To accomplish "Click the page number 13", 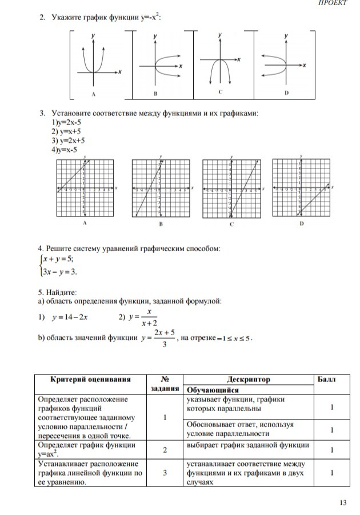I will (343, 502).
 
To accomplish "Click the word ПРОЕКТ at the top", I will (333, 3).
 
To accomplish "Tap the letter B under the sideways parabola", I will (155, 92).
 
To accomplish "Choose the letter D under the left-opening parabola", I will (286, 92).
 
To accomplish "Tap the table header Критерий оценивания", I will (91, 379).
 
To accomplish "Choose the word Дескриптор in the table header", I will (249, 379).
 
